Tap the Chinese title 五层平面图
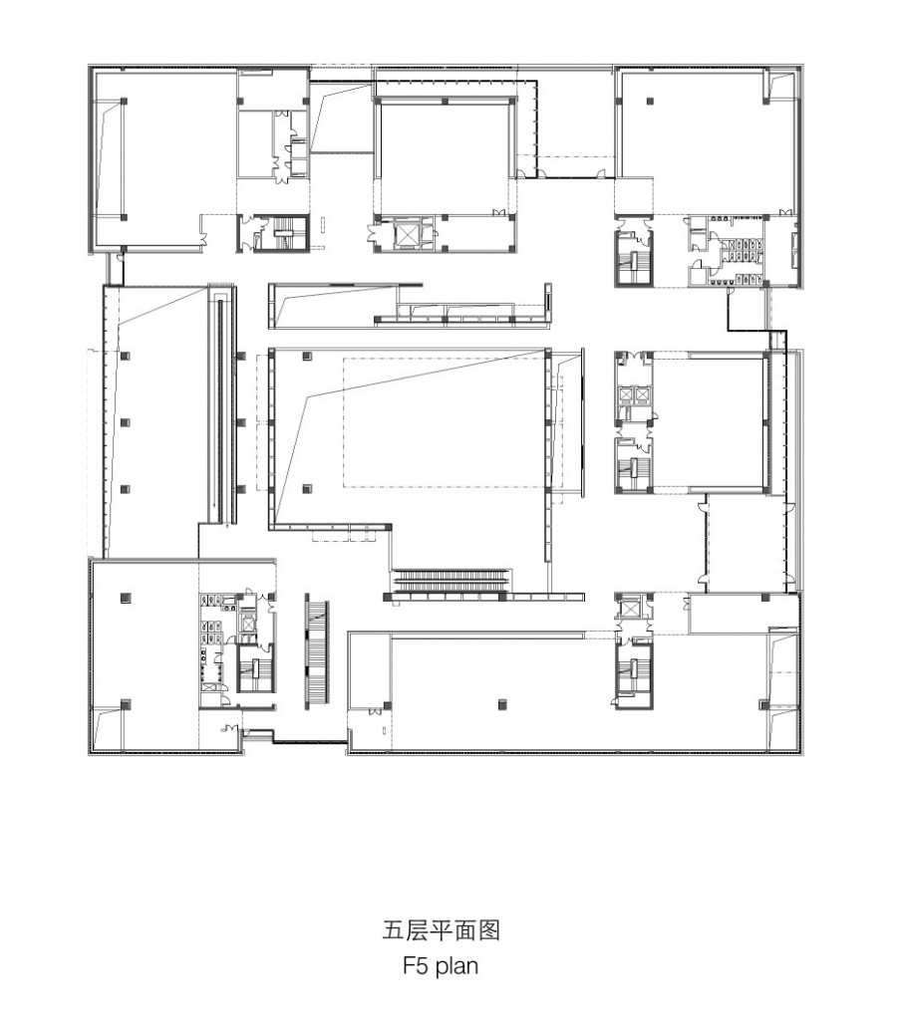pyautogui.click(x=441, y=930)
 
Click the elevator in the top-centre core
pyautogui.click(x=409, y=235)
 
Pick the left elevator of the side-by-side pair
pyautogui.click(x=627, y=395)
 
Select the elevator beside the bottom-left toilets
pyautogui.click(x=247, y=624)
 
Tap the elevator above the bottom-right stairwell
pyautogui.click(x=632, y=610)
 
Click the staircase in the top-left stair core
pyautogui.click(x=284, y=234)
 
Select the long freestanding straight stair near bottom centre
pyautogui.click(x=316, y=653)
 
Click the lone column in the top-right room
pyautogui.click(x=649, y=102)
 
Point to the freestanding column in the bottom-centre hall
pyautogui.click(x=502, y=704)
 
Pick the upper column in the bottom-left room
pyautogui.click(x=125, y=597)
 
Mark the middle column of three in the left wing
pyautogui.click(x=125, y=422)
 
